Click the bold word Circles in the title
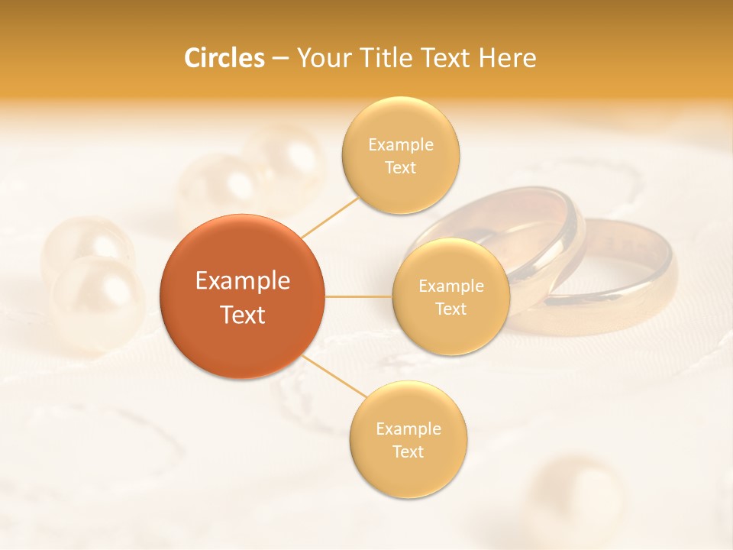[224, 58]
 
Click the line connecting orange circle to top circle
[331, 217]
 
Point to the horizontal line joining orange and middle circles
[359, 296]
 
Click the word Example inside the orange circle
[242, 281]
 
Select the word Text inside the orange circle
[242, 315]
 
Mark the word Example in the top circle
[400, 144]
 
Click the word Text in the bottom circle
[408, 451]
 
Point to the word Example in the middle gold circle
[450, 286]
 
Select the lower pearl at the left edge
[95, 302]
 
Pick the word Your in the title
[321, 58]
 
